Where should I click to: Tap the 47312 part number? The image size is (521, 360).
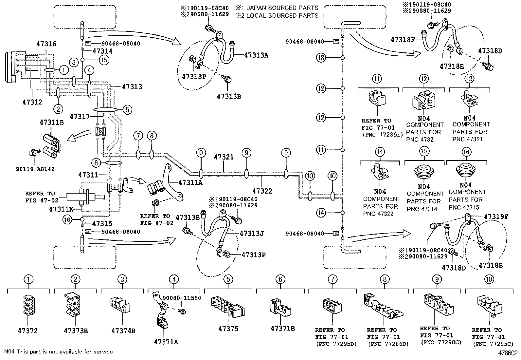(x=32, y=102)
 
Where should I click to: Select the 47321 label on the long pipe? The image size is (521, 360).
(x=224, y=157)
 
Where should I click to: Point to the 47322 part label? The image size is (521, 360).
(x=262, y=191)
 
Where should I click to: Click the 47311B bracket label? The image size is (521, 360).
(x=52, y=123)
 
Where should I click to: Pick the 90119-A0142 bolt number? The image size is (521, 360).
(x=35, y=169)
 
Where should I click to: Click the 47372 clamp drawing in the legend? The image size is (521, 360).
(x=28, y=305)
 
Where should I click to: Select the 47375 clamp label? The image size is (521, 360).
(x=228, y=329)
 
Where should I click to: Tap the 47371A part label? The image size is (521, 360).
(x=166, y=342)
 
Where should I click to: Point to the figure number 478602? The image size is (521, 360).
(x=508, y=353)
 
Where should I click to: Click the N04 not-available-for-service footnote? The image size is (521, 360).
(x=58, y=351)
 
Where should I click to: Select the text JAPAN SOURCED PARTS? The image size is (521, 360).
(x=281, y=8)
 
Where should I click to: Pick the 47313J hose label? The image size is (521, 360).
(x=252, y=234)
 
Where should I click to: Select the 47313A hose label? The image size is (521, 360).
(x=256, y=55)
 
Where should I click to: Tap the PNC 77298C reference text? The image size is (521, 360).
(x=437, y=342)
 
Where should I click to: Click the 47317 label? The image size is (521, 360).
(x=80, y=116)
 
